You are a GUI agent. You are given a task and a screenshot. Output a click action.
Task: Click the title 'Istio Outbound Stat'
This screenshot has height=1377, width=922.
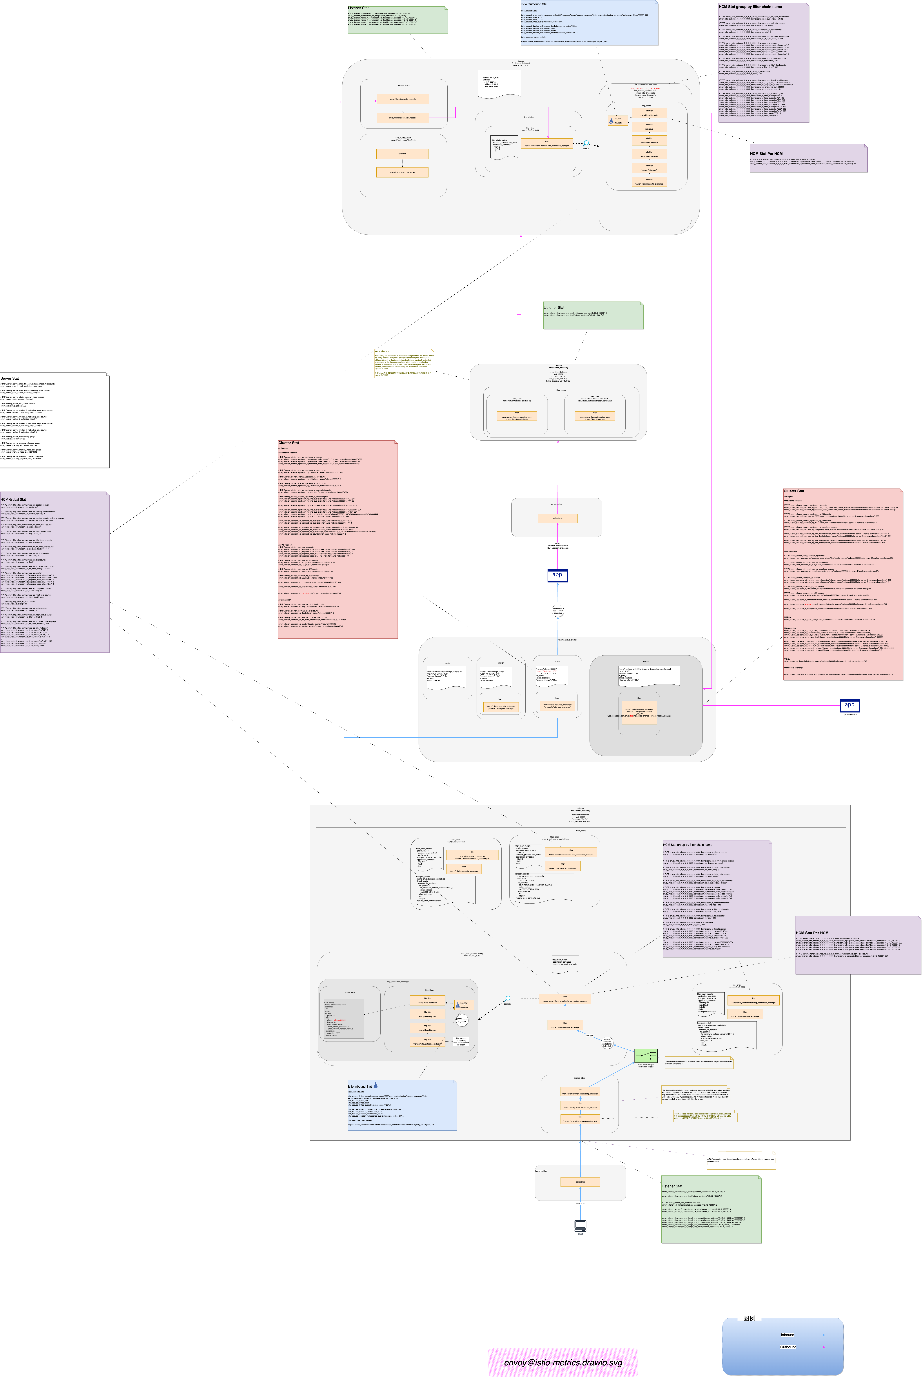click(534, 4)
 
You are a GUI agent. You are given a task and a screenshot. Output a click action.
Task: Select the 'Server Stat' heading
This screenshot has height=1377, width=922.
click(9, 378)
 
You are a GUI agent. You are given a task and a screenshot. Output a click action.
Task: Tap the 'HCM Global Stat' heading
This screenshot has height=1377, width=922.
click(13, 499)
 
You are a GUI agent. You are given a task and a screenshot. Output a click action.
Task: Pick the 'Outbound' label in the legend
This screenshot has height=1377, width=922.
click(788, 1346)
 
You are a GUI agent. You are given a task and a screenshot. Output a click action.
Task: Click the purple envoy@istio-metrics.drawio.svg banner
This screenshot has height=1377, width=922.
click(563, 1362)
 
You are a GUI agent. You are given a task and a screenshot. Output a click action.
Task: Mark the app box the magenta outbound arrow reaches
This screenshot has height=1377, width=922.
click(849, 705)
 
